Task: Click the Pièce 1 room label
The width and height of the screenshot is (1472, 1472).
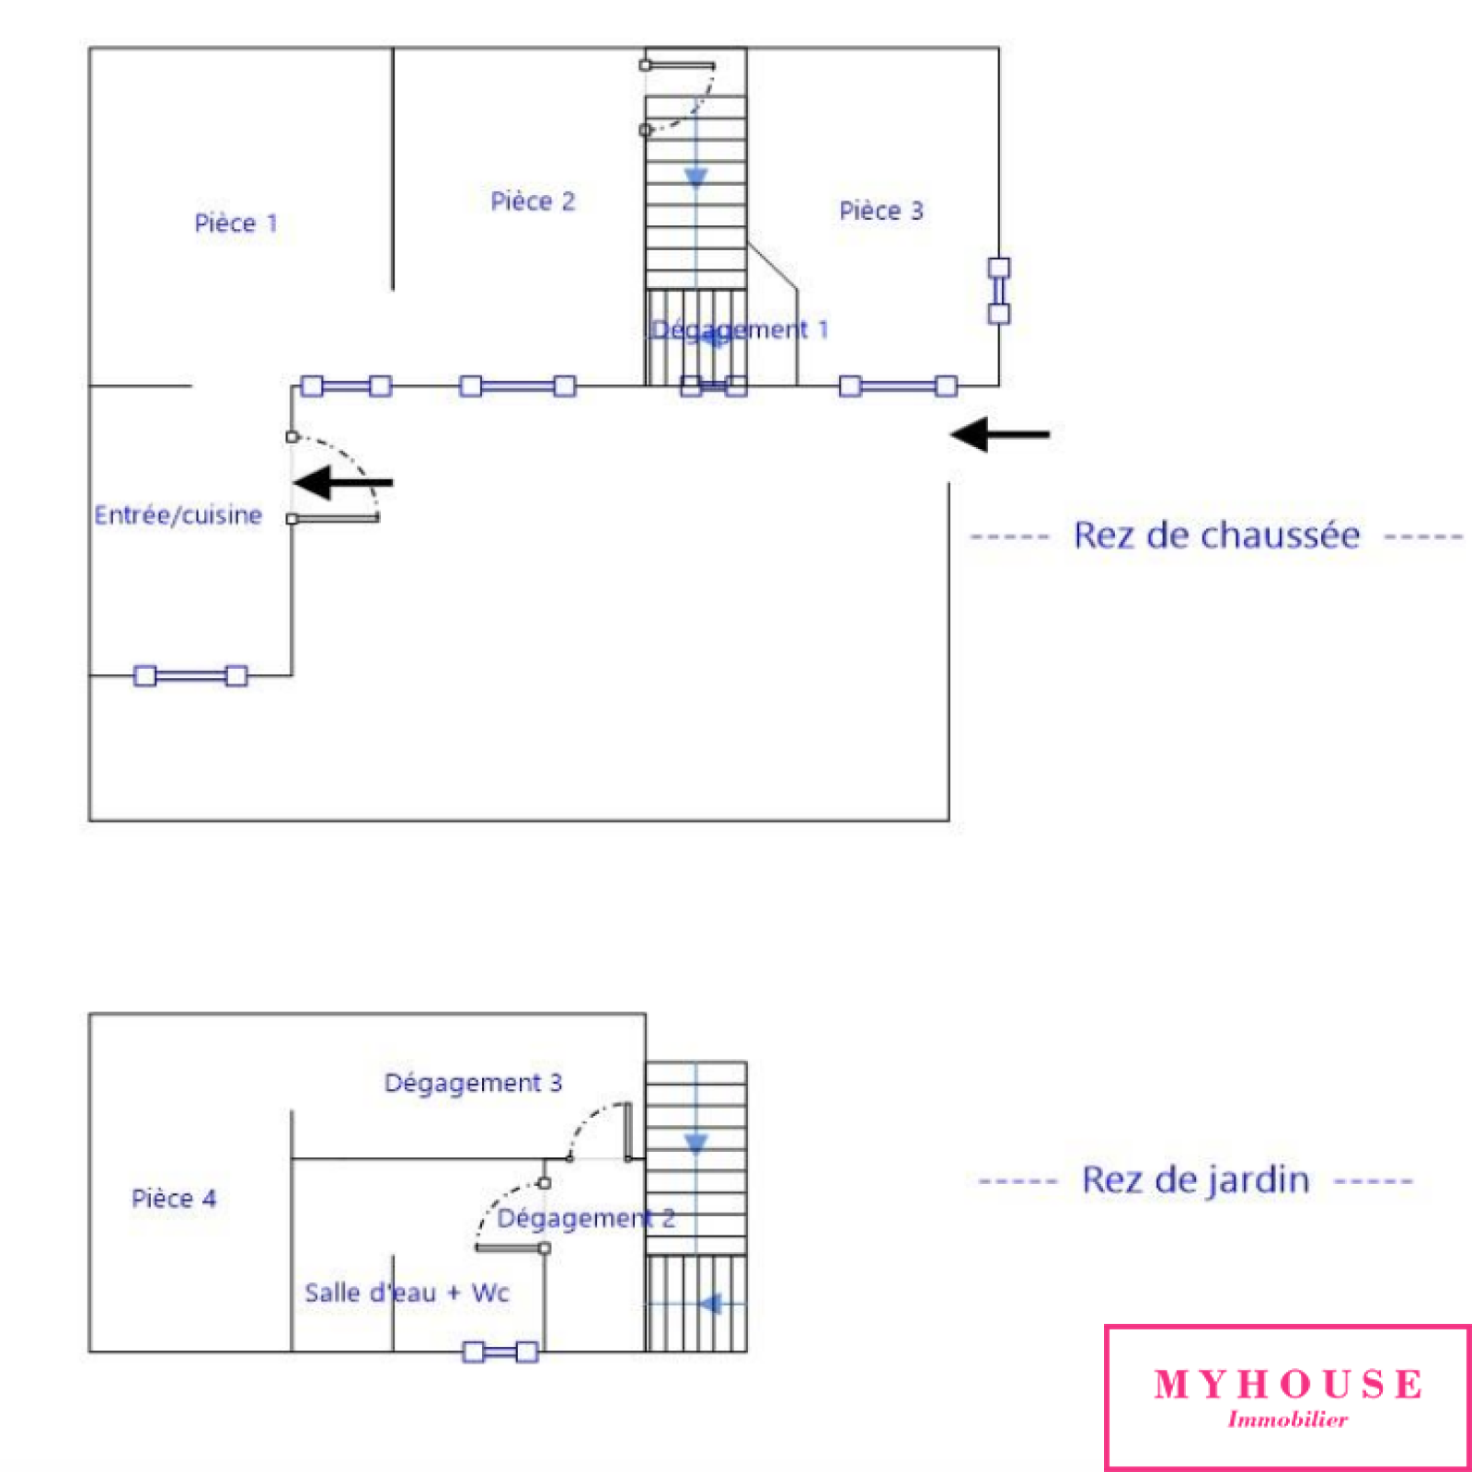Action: click(x=236, y=224)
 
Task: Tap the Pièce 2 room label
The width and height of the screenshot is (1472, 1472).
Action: click(x=533, y=201)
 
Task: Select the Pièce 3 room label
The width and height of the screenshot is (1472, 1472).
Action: click(x=880, y=211)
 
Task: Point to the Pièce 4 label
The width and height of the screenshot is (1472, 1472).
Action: click(x=174, y=1198)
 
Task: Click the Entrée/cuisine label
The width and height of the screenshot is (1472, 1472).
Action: click(x=178, y=515)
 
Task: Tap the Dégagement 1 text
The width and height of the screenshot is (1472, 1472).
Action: click(x=740, y=329)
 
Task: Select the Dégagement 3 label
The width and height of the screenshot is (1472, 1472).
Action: click(x=473, y=1083)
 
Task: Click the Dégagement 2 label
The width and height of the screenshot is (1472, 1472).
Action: click(x=586, y=1218)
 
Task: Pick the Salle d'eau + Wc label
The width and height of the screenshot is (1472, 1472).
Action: click(x=407, y=1293)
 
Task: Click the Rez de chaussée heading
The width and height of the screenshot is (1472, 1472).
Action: click(x=1216, y=535)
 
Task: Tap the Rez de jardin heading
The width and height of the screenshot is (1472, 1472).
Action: click(x=1195, y=1180)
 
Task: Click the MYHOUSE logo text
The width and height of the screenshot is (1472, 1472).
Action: click(x=1287, y=1384)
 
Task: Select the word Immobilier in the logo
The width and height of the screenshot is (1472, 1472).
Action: click(x=1287, y=1420)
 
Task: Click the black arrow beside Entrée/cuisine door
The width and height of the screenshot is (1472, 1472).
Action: click(x=343, y=482)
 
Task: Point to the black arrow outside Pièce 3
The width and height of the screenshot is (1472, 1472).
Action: click(x=1000, y=434)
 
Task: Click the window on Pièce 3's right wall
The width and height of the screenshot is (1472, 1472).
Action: click(x=999, y=291)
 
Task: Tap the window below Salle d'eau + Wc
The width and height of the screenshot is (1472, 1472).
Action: click(x=500, y=1351)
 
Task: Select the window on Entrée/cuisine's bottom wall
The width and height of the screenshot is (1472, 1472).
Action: click(x=190, y=676)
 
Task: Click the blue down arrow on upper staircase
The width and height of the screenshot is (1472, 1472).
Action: click(x=696, y=177)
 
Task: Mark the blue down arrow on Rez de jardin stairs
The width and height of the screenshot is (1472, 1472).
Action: click(x=696, y=1144)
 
